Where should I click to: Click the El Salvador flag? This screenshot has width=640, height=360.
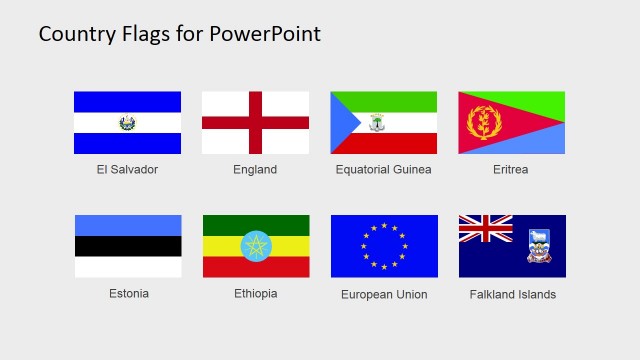(127, 123)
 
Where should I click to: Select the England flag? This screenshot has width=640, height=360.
(255, 123)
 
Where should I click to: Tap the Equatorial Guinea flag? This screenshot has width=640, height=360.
(384, 123)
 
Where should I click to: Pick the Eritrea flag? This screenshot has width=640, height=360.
(511, 123)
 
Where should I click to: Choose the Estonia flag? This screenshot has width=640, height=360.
(128, 246)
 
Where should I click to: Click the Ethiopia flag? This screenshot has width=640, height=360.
(256, 246)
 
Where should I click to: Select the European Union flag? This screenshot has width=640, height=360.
(384, 246)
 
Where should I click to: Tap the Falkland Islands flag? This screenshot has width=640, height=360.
(512, 246)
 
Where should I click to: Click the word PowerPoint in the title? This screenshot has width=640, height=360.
(265, 34)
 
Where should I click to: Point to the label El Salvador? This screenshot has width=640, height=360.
(127, 170)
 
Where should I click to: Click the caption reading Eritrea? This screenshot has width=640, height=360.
(510, 170)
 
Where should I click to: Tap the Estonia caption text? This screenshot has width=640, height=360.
(129, 294)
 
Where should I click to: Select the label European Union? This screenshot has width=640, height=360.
(384, 295)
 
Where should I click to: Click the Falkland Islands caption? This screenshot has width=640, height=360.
(512, 295)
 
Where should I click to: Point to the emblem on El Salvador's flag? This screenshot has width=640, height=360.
(127, 123)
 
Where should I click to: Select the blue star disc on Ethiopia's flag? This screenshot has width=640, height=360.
(256, 246)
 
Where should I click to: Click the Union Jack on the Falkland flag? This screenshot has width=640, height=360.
(485, 229)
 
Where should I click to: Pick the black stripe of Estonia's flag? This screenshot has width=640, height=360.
(128, 246)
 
